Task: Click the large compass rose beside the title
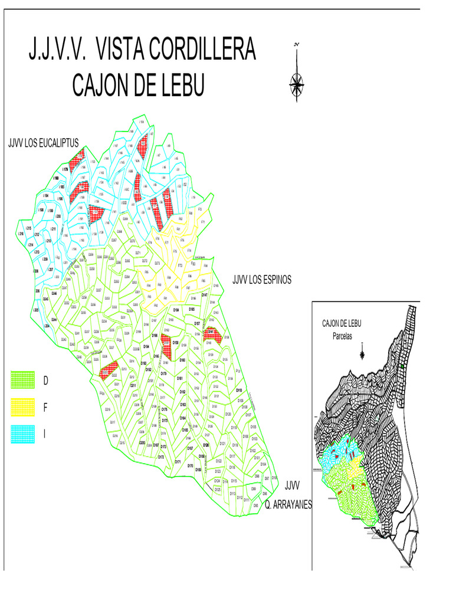297,83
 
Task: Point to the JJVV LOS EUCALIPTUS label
42,143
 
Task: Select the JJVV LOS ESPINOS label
261,280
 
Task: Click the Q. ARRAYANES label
288,505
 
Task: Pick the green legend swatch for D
24,381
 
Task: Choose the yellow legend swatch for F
24,408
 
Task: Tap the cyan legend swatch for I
24,434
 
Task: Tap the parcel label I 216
22,234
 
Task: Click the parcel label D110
239,390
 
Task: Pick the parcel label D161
180,378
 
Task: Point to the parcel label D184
176,309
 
